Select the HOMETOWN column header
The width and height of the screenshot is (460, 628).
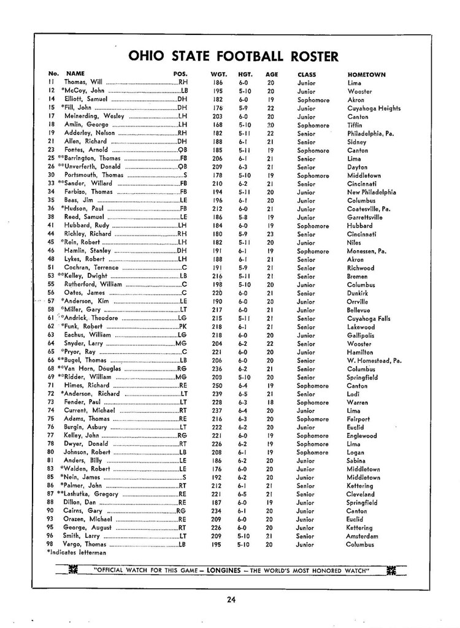tap(366, 75)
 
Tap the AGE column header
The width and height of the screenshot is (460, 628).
tap(272, 75)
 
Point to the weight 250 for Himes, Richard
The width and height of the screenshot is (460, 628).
tap(217, 385)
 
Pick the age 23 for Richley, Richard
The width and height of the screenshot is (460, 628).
tap(270, 234)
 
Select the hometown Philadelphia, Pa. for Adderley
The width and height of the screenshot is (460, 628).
tap(370, 133)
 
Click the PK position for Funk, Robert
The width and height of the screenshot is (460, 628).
tap(182, 327)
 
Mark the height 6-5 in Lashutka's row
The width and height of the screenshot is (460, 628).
tap(243, 494)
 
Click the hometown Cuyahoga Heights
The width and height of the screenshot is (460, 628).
tap(374, 108)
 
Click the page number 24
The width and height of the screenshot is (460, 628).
tap(231, 600)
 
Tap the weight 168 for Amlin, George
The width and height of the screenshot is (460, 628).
tap(217, 124)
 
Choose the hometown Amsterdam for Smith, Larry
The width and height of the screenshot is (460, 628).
tap(362, 536)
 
